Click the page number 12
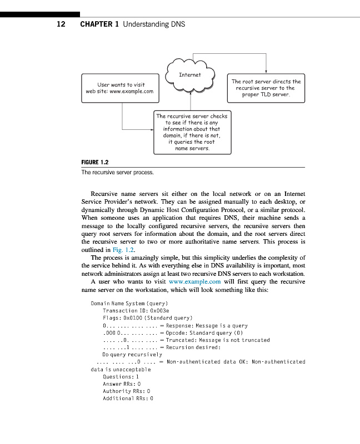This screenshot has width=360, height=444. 61,24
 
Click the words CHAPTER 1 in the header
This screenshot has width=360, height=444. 99,24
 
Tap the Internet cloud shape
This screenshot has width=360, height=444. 191,75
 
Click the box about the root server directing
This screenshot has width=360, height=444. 266,88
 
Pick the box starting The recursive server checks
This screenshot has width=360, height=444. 192,132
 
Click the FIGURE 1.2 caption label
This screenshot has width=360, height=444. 95,163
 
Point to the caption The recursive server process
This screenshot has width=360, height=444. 117,173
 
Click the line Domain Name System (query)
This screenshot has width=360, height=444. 129,304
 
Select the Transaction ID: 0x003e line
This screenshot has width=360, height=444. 136,311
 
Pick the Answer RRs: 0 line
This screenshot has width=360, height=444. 122,384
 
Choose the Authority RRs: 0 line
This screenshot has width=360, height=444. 127,391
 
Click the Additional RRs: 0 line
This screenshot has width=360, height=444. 128,398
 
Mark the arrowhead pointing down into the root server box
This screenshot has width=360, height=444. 267,69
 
